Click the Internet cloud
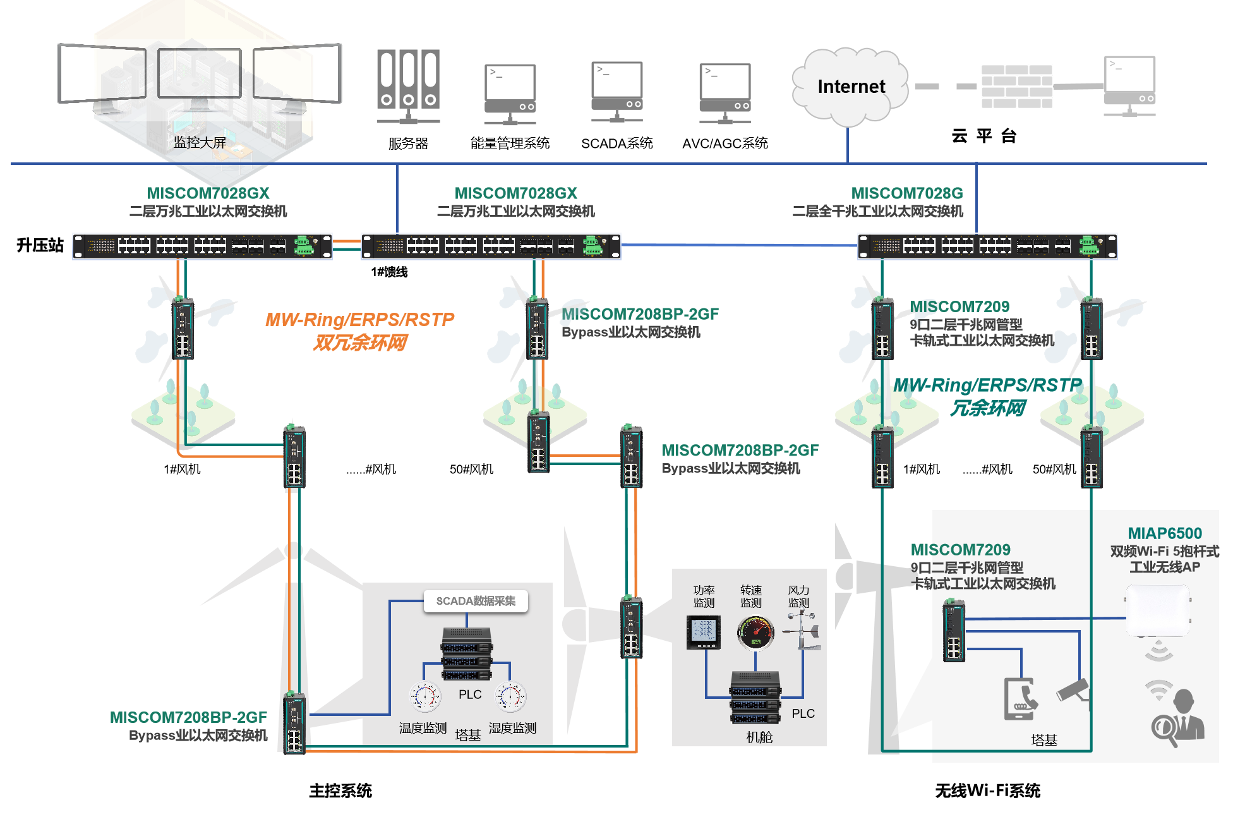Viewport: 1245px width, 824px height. [850, 87]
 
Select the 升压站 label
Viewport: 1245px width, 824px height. [40, 245]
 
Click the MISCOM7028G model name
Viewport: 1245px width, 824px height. [906, 193]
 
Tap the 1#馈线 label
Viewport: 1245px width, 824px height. [389, 272]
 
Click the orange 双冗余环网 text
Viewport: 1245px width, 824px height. [360, 343]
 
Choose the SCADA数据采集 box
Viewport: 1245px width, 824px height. [476, 601]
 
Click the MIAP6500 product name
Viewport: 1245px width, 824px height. [1164, 533]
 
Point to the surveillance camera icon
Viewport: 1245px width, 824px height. [1073, 690]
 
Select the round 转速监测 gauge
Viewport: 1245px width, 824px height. [755, 633]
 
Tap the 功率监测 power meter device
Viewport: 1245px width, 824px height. [704, 633]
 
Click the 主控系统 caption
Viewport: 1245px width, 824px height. [340, 791]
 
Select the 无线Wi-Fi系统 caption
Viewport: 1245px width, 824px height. [987, 791]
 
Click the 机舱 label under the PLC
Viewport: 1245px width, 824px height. [759, 737]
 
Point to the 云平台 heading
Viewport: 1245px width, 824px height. [983, 136]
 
